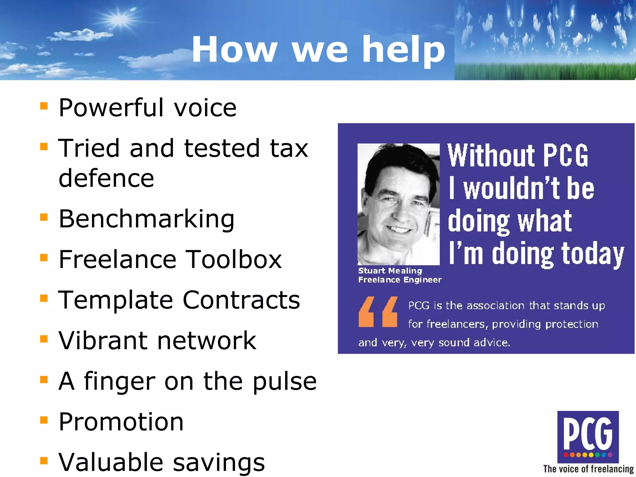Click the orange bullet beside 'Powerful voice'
tap(44, 106)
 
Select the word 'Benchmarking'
tap(146, 219)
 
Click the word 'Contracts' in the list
tap(241, 300)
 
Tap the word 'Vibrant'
tap(103, 340)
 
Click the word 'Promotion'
tap(121, 422)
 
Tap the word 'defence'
tap(106, 178)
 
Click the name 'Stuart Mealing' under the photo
tap(390, 271)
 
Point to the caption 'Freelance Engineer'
tap(400, 280)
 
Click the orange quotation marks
tap(378, 312)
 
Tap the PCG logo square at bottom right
tap(588, 436)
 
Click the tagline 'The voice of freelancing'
tap(588, 469)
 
